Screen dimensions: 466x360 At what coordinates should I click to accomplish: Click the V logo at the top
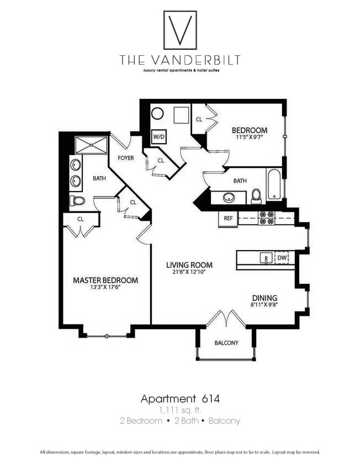[180, 30]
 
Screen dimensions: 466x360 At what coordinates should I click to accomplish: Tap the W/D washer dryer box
[159, 136]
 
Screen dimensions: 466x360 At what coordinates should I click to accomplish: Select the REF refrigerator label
[228, 218]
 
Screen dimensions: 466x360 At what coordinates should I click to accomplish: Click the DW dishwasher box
[282, 257]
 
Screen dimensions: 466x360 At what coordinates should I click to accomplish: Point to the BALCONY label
[226, 343]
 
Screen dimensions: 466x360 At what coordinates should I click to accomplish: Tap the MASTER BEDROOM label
[105, 280]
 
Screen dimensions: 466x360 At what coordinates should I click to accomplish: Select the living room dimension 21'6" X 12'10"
[189, 272]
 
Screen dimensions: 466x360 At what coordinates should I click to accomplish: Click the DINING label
[265, 298]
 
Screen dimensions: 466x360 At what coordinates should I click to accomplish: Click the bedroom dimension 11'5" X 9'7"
[249, 138]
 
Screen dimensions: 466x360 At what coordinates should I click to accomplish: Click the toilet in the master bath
[77, 201]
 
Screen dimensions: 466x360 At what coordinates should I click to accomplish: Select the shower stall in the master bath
[92, 145]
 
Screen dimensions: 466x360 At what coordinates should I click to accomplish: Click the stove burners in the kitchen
[267, 218]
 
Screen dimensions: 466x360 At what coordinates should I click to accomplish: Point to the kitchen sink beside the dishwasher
[266, 258]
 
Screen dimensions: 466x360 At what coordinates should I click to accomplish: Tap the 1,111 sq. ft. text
[180, 410]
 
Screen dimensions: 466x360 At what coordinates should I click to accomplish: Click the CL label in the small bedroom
[199, 119]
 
